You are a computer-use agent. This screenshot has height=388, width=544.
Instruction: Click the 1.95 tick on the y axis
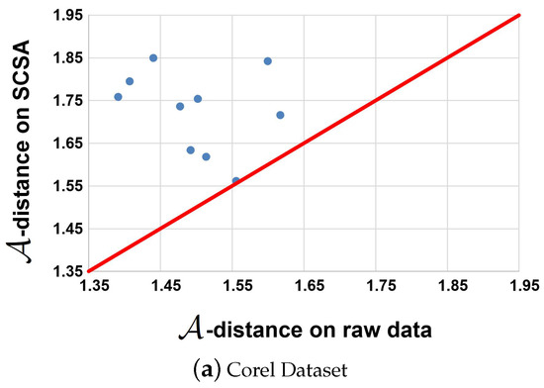click(66, 15)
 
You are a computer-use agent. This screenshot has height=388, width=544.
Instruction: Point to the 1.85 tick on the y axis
click(66, 57)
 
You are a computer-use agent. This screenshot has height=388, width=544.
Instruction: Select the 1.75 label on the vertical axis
click(66, 100)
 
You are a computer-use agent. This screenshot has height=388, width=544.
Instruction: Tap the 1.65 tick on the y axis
click(66, 143)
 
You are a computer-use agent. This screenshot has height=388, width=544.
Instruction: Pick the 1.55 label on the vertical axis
click(66, 185)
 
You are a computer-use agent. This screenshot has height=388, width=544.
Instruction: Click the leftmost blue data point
click(118, 97)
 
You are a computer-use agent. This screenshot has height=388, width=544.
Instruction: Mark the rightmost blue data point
click(280, 116)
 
